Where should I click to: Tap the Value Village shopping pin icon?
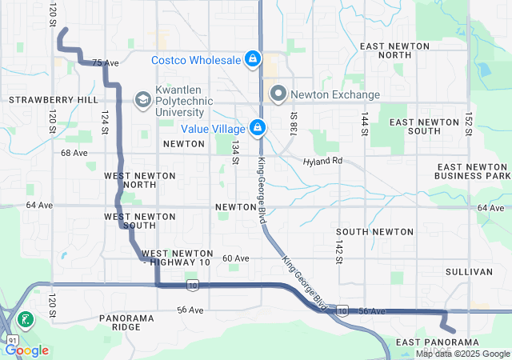pos(258,128)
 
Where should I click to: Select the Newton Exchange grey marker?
pos(278,94)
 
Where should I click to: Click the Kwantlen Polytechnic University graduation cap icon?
pos(142,99)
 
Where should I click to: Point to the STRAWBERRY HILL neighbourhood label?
pos(53,100)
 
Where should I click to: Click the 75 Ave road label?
pos(105,62)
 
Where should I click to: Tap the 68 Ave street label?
pos(74,153)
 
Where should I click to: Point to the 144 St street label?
pos(365,122)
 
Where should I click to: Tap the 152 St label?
pos(470,124)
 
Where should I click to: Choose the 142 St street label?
pos(339,249)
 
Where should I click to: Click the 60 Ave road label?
pos(236,258)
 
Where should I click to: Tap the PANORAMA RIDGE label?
pos(126,323)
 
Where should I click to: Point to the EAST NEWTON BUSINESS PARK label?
pos(472,170)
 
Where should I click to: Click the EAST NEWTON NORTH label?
pos(397,50)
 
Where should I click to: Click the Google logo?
pos(27,350)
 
